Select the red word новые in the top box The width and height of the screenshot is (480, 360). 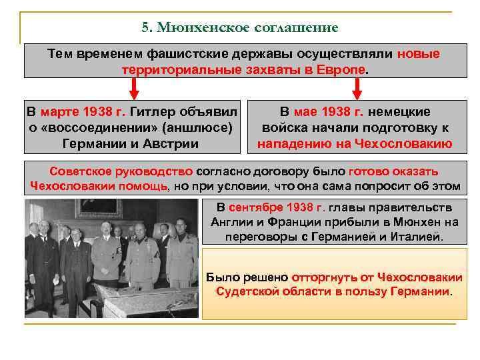tap(419, 54)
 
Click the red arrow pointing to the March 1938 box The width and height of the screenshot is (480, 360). tap(134, 87)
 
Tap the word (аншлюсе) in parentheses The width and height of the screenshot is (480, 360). tap(201, 127)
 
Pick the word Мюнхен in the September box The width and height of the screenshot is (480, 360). tap(404, 222)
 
